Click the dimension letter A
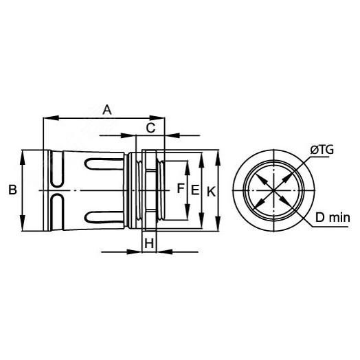point(107,110)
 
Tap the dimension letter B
point(12,190)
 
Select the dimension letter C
point(150,128)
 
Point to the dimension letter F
point(181,188)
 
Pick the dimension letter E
point(195,190)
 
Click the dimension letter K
point(211,192)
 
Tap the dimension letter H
point(149,243)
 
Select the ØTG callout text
point(322,150)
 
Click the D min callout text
point(333,218)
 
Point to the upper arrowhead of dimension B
point(22,157)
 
